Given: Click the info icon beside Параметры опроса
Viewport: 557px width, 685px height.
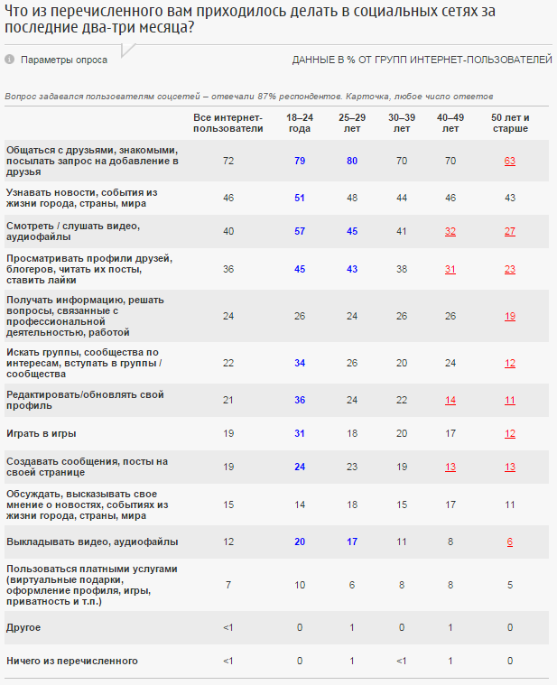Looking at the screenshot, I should (9, 60).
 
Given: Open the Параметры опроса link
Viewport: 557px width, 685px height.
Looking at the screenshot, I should (64, 60).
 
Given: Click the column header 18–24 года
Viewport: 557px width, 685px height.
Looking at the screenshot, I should (299, 123).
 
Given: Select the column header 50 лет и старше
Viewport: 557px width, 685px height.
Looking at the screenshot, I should (510, 123).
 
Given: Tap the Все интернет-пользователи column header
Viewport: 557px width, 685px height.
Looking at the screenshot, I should (228, 123).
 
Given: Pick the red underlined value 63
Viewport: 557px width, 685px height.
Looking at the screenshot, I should (510, 161).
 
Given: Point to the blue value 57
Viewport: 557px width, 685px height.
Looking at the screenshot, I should (299, 230).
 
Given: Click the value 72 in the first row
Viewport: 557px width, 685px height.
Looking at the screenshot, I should (228, 161).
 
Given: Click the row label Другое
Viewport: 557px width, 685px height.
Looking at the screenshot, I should (23, 626).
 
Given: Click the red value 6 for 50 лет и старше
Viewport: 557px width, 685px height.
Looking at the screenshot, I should (510, 542).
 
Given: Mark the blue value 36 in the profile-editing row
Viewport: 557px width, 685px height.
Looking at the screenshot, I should (299, 400).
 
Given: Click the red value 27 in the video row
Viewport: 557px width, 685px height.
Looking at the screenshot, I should (510, 230).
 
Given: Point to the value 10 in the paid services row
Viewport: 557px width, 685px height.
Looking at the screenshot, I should (299, 584).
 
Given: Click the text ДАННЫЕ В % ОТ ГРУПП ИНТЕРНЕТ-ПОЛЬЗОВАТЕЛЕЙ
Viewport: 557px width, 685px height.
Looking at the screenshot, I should (422, 60).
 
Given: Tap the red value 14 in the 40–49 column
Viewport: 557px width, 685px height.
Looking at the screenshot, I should (450, 400).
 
